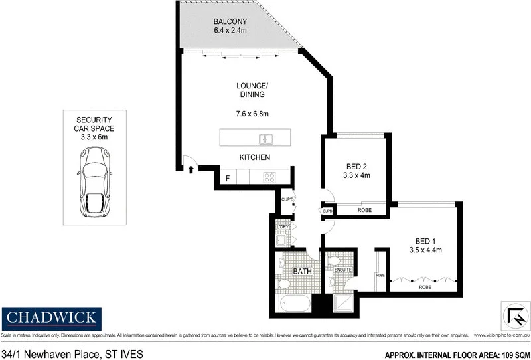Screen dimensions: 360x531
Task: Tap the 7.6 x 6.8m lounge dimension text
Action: coord(252,114)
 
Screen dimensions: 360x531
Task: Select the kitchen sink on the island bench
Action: coord(266,139)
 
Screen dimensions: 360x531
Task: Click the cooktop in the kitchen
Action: coord(270,177)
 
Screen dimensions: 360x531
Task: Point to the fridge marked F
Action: coord(228,178)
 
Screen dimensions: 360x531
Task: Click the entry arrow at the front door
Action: coord(192,170)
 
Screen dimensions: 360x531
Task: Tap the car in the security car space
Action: coord(93,181)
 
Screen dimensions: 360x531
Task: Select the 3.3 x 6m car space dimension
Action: coord(93,136)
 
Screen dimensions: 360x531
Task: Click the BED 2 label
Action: coord(357,166)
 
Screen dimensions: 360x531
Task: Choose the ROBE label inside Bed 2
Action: coord(364,211)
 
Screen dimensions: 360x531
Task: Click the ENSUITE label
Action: coord(342,270)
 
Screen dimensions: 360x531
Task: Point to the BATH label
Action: coord(303,272)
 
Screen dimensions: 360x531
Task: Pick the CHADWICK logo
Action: coord(51,317)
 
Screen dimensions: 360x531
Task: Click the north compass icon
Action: coord(513,314)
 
